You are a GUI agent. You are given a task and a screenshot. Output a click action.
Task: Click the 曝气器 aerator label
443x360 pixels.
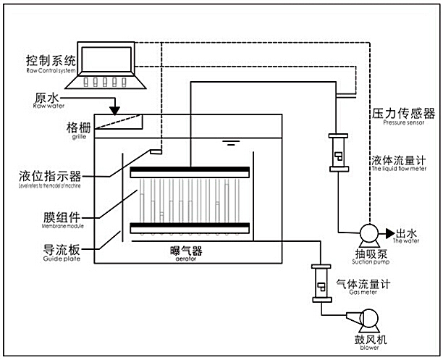[180, 251]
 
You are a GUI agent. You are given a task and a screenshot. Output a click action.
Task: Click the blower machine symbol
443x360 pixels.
[366, 319]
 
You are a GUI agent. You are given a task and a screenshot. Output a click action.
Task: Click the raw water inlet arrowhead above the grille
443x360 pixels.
[115, 109]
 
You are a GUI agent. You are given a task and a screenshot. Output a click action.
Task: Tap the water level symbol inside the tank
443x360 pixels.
[230, 142]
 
